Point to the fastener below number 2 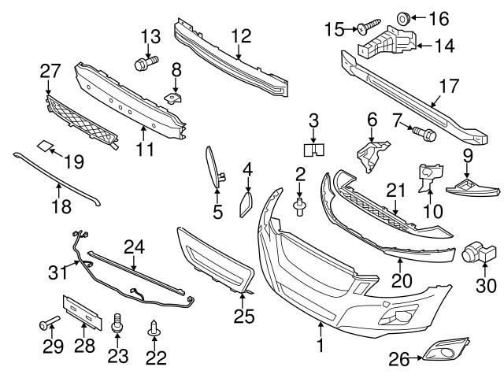[299, 207]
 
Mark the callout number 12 [240, 35]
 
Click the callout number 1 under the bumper [320, 345]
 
